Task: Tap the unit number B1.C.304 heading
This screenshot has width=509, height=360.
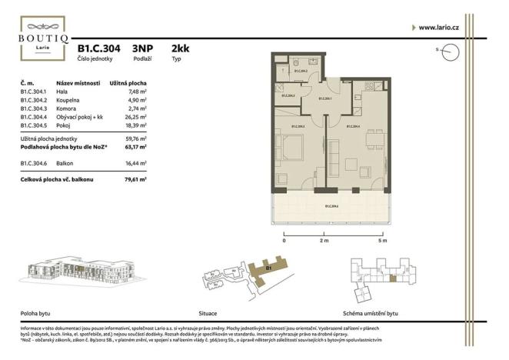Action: (98, 48)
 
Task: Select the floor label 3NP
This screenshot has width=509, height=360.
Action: (143, 48)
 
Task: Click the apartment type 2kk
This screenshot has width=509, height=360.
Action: (180, 48)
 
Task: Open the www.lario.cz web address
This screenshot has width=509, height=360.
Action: (437, 28)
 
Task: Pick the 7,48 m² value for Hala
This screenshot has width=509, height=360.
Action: (137, 92)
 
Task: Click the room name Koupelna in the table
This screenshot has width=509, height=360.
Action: (68, 100)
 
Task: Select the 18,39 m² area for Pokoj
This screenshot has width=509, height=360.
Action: (135, 125)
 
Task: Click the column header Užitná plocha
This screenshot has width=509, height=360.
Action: (128, 82)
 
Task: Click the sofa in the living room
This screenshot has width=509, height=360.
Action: (350, 165)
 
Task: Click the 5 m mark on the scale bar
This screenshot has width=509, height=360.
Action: (382, 241)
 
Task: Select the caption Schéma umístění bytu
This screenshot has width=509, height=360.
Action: (371, 314)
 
